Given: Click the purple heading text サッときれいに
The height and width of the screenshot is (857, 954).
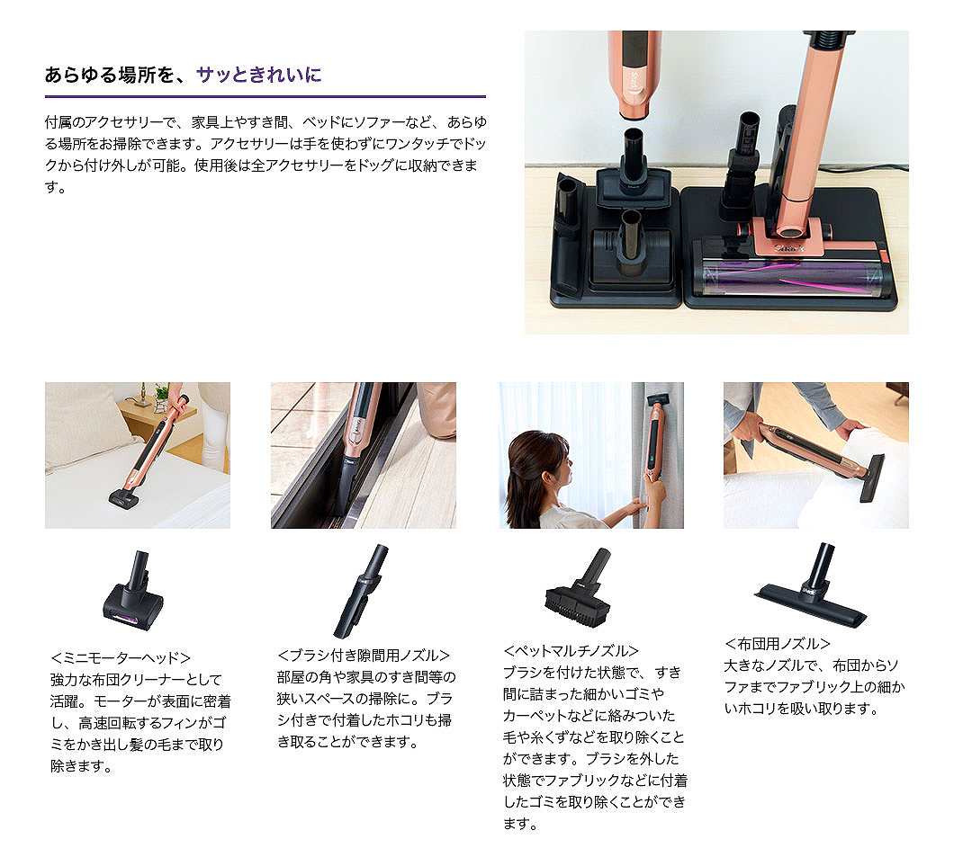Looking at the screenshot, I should click(x=259, y=75).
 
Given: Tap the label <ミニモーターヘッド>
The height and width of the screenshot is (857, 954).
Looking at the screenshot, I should click(x=121, y=657).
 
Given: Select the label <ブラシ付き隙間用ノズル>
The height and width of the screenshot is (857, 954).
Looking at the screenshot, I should click(x=364, y=656).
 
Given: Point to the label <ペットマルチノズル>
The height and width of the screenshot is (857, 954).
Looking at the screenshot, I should click(x=571, y=650).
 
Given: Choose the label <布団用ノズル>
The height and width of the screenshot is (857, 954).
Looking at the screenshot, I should click(x=778, y=644).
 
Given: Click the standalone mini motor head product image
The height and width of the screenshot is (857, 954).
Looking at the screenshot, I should click(x=132, y=589).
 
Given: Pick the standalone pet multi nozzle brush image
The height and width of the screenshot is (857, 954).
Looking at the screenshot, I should click(x=579, y=590).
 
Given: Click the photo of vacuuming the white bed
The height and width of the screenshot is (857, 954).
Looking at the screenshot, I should click(x=137, y=455).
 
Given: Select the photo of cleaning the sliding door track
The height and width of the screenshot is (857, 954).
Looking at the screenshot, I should click(x=363, y=455).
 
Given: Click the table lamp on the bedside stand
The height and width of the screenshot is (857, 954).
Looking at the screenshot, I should click(x=144, y=394).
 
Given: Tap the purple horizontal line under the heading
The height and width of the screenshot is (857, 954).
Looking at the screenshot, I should click(x=265, y=96).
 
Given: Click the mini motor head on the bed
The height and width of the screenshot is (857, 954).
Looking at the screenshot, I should click(x=123, y=496).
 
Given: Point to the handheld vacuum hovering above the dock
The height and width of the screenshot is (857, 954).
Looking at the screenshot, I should click(x=634, y=76).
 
